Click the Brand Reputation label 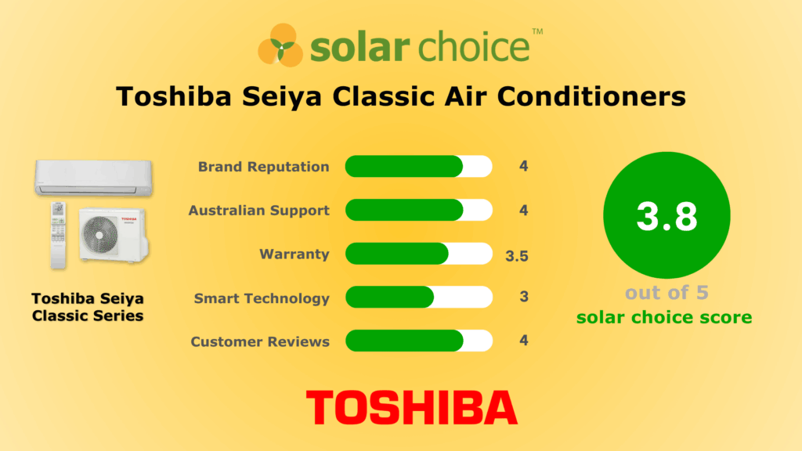coord(263,167)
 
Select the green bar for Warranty coord(396,254)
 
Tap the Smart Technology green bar coord(389,298)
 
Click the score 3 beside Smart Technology coord(524,298)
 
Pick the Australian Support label coord(258,211)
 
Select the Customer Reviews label coord(260,341)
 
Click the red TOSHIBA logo coord(411,407)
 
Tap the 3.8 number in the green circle coord(667,216)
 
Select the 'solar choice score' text coord(664,317)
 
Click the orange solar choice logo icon coord(280,45)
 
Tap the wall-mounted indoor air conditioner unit coord(92,177)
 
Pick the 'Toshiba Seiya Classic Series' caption coord(88,308)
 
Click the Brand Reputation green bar coord(403,167)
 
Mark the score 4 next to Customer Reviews coord(524,341)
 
